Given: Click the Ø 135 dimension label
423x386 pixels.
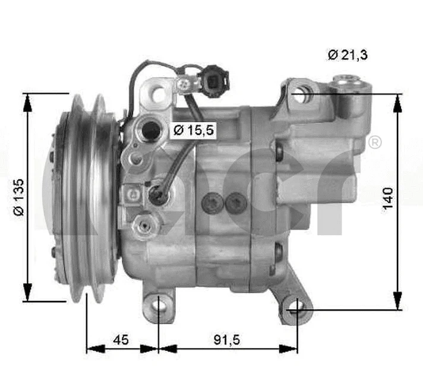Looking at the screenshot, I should [19, 197].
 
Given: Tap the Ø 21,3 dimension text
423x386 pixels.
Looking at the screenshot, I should [347, 55].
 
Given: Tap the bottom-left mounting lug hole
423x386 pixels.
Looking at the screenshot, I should [159, 306].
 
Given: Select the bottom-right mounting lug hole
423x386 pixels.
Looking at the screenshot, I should [297, 309].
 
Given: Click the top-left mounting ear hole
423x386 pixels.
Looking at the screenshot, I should [157, 94].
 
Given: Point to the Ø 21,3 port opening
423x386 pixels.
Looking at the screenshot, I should [300, 93].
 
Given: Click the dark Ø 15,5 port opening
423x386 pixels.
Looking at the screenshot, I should [151, 129].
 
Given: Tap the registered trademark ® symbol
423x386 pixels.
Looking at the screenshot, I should [375, 143].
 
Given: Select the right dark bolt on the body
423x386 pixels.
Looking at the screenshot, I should [236, 203].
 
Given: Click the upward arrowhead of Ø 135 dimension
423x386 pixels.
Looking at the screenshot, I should [27, 101].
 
